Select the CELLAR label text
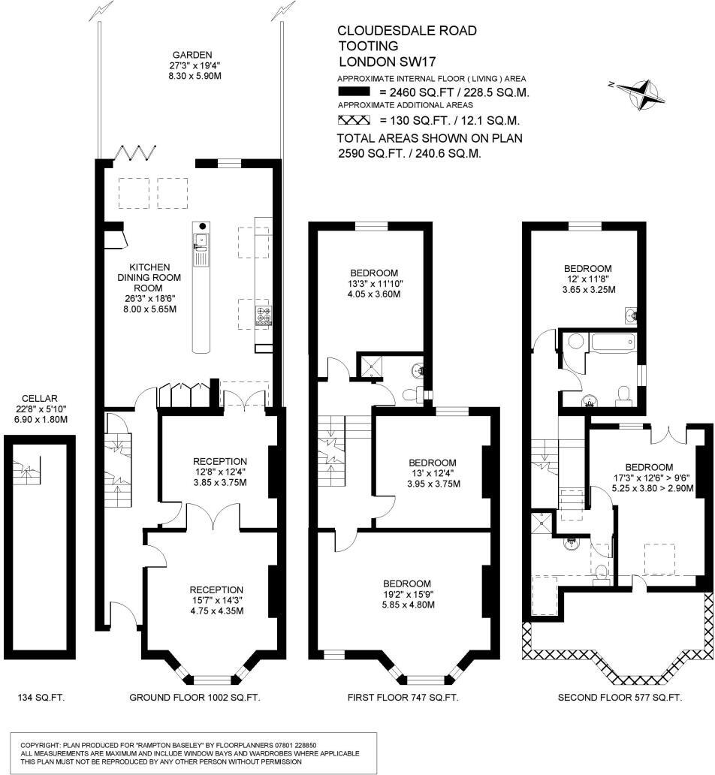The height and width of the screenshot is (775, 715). tap(41, 398)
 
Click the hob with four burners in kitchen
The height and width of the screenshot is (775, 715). tap(264, 315)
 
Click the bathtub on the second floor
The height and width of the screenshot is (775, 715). tap(613, 345)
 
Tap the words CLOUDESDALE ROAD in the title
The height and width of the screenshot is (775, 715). tap(406, 31)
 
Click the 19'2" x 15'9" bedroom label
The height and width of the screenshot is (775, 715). tap(406, 594)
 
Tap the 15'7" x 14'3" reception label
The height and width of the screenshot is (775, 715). tap(216, 600)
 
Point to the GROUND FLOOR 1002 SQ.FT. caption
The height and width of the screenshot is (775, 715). tap(195, 698)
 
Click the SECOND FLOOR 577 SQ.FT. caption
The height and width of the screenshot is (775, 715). tap(620, 698)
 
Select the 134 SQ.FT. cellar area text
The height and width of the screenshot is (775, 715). tap(41, 698)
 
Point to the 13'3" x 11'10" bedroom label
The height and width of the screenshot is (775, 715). tap(373, 283)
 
